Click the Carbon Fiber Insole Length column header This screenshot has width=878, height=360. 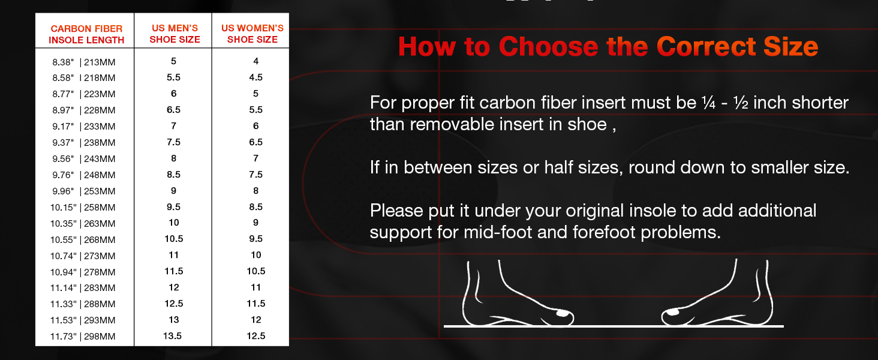(86, 34)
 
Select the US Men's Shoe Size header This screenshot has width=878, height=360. (174, 34)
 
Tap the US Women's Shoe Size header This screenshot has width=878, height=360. (252, 34)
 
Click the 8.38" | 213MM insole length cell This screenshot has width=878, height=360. (84, 62)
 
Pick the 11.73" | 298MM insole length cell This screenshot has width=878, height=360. (84, 337)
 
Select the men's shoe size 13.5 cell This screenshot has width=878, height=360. (173, 336)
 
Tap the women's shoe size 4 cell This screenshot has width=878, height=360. (256, 61)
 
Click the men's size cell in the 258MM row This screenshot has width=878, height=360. (173, 207)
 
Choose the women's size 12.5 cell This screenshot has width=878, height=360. (256, 336)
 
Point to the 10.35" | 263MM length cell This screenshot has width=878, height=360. (84, 224)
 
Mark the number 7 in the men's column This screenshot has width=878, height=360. (173, 126)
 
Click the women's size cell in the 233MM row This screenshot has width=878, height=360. (256, 126)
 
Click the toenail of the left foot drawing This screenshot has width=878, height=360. (562, 313)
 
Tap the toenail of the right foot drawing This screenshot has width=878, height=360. (672, 312)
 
